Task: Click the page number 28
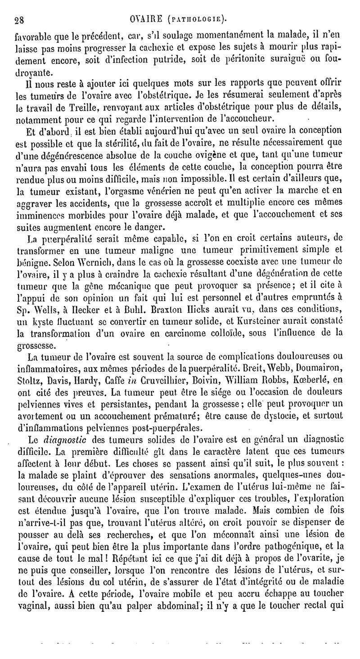[x=19, y=19]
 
